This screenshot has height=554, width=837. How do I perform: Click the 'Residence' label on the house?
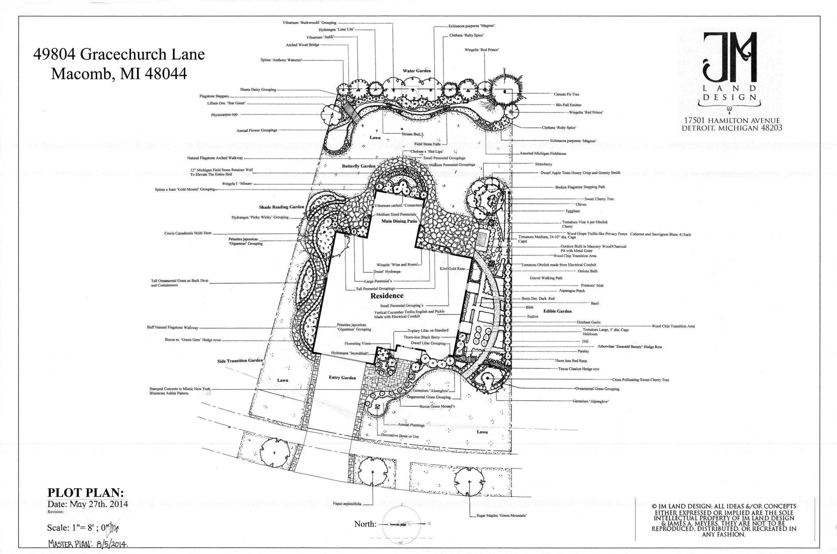(387, 295)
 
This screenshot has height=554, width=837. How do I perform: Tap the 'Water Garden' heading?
(417, 71)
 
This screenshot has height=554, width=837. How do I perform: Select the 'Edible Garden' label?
(557, 311)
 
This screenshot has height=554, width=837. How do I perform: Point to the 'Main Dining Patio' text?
(399, 221)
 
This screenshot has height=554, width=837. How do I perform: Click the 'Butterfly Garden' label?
(358, 166)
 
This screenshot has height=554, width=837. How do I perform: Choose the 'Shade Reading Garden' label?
(281, 207)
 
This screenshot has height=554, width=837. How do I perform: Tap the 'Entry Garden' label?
(342, 377)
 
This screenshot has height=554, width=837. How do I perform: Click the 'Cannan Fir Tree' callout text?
(566, 94)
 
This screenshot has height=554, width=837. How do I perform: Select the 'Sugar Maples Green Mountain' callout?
(501, 515)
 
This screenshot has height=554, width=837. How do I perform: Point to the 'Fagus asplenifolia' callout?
(347, 504)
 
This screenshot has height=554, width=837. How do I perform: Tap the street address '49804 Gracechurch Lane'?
(119, 54)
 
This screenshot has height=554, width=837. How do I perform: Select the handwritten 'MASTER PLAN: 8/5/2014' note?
(88, 543)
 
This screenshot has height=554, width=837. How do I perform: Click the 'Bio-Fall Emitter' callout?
(568, 105)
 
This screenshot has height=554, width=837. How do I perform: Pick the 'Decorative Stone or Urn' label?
(399, 436)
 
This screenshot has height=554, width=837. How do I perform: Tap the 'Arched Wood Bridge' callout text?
(302, 45)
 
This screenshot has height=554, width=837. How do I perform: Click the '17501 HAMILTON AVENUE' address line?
(732, 121)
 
